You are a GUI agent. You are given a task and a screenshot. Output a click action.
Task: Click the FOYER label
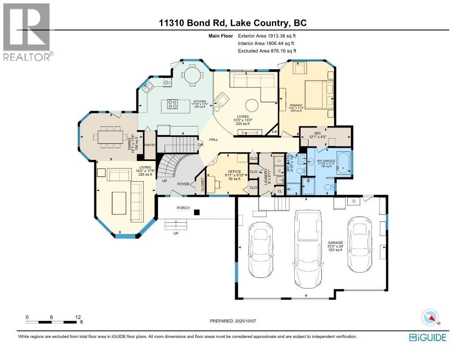tap(184, 185)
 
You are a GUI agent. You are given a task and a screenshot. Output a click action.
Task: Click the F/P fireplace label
tap(274, 132)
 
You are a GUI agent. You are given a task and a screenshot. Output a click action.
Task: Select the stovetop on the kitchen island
tap(173, 105)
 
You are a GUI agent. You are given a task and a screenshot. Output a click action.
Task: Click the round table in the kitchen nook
tap(192, 75)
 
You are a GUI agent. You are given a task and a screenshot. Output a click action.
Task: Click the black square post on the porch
tap(197, 212)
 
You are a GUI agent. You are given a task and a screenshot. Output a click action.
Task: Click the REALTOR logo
tap(26, 31)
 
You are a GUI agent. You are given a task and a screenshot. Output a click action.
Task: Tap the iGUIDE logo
tap(428, 337)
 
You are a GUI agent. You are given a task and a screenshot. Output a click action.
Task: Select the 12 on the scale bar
tap(78, 317)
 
